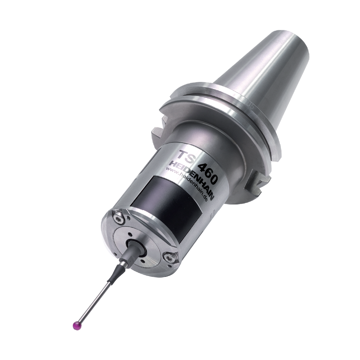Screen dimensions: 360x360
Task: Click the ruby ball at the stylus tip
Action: (x=76, y=326)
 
